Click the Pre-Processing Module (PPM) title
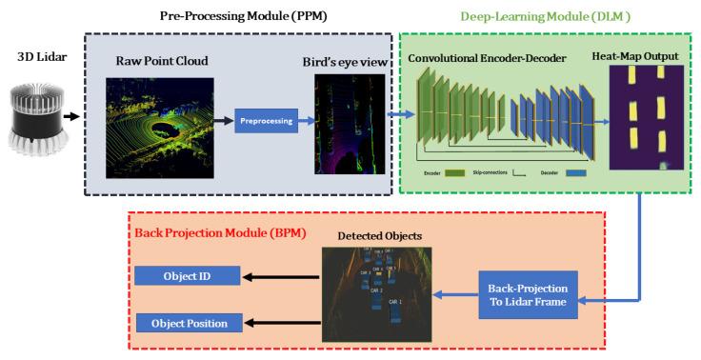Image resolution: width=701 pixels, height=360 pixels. (x=241, y=15)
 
